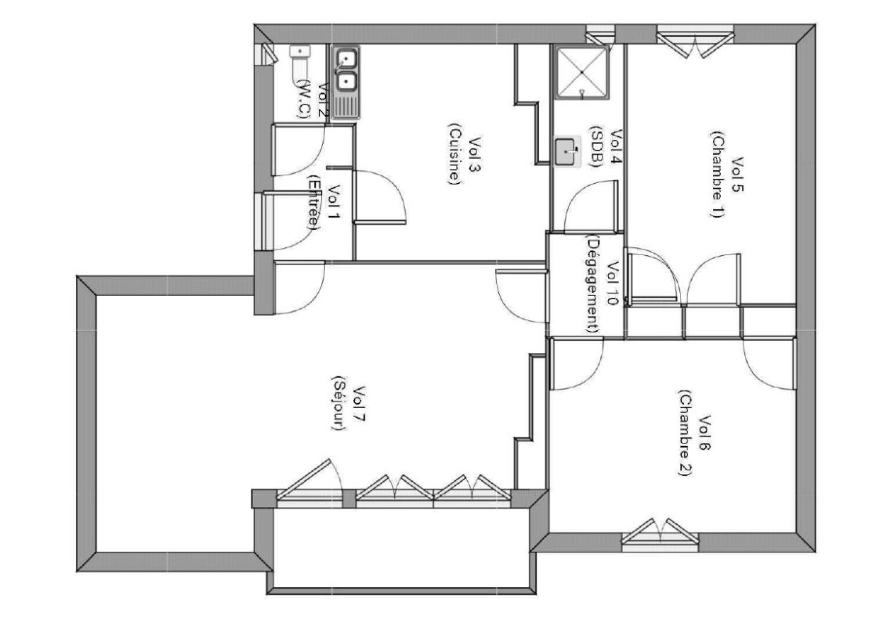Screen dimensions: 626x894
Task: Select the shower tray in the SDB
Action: tap(581, 73)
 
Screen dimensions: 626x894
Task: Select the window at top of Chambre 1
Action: tap(695, 40)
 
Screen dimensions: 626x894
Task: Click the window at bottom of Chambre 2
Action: tap(660, 535)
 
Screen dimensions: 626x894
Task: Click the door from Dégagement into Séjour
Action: tap(520, 296)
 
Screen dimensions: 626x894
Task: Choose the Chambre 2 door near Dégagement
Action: tap(576, 366)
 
